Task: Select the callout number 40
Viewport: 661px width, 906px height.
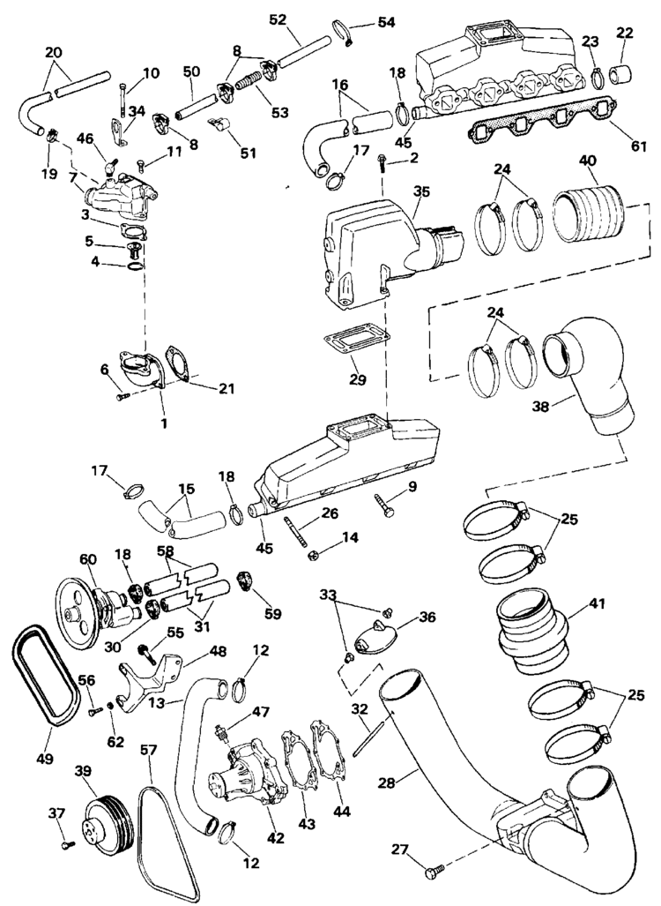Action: coord(587,161)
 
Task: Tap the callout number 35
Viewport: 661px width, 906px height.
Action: coord(422,190)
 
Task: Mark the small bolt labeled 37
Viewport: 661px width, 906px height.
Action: coord(68,845)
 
